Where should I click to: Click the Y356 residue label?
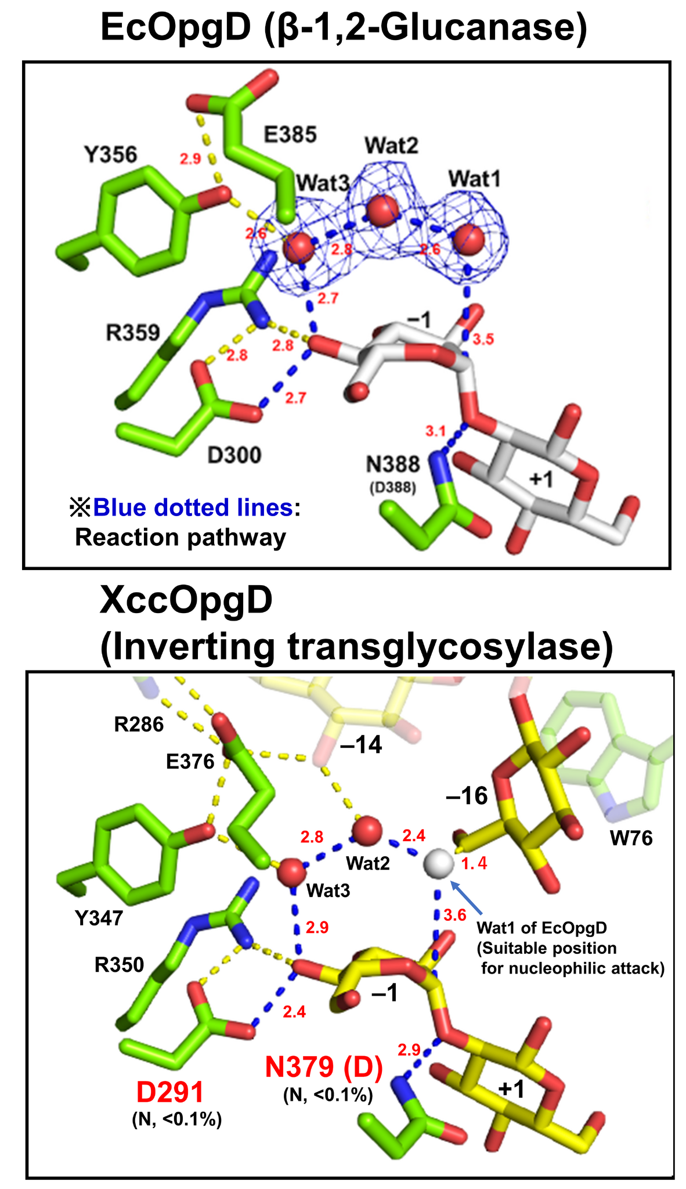pyautogui.click(x=110, y=155)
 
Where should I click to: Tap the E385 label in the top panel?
pyautogui.click(x=290, y=135)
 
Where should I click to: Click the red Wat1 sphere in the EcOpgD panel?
pyautogui.click(x=469, y=239)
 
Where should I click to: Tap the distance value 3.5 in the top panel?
pyautogui.click(x=483, y=340)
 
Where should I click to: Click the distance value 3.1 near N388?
pyautogui.click(x=435, y=431)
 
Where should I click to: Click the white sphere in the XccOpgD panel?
pyautogui.click(x=438, y=864)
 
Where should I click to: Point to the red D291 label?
pyautogui.click(x=170, y=1093)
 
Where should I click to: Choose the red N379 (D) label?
pyautogui.click(x=324, y=1067)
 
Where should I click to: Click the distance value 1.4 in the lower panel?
pyautogui.click(x=474, y=863)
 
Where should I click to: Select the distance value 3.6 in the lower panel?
pyautogui.click(x=454, y=916)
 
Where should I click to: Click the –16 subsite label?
pyautogui.click(x=466, y=797)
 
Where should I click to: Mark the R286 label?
pyautogui.click(x=139, y=725)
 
